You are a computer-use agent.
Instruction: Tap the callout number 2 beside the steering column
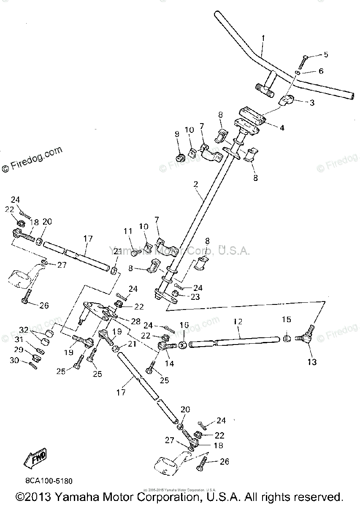coord(196,184)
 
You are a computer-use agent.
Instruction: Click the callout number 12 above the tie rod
coord(238,322)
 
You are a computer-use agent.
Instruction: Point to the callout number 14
coord(170,363)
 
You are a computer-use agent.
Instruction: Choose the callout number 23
coord(194,296)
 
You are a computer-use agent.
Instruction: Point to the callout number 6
coord(321,72)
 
